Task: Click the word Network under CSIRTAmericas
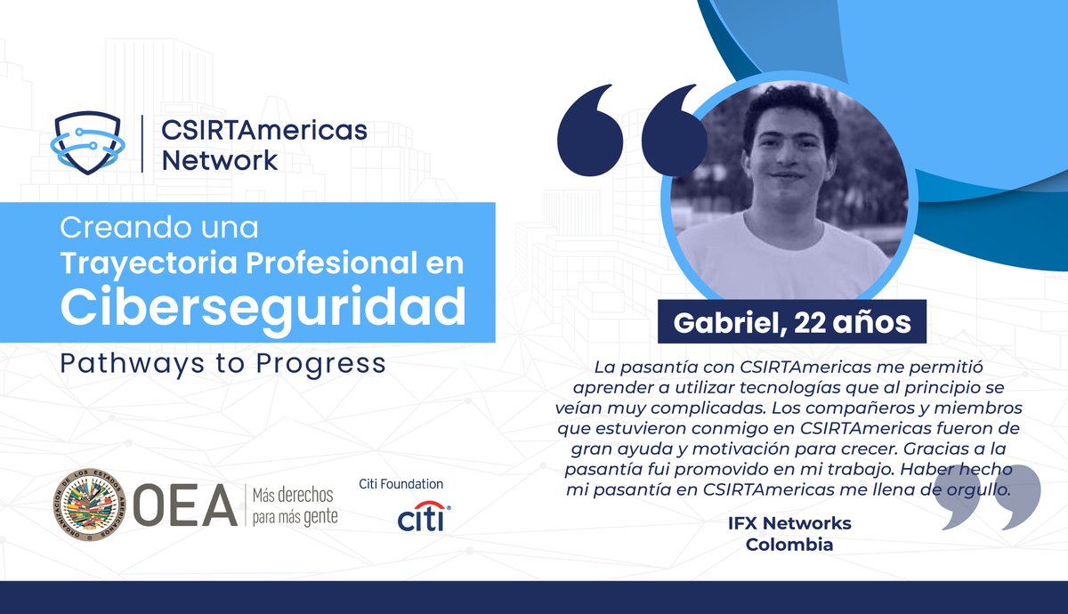(220, 161)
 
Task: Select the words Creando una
(159, 228)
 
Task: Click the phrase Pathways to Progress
(222, 364)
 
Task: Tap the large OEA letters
(185, 505)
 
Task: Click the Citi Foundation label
(400, 484)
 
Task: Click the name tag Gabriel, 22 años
(791, 322)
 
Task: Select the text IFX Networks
(789, 522)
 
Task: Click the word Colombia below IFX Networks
(789, 545)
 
